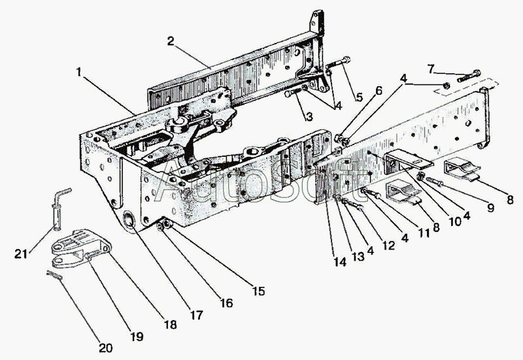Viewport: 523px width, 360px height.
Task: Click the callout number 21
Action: coord(21,254)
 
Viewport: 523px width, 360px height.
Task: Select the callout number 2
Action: coord(171,41)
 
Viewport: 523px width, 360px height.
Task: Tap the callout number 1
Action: coord(78,72)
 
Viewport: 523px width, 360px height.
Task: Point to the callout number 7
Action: coord(431,69)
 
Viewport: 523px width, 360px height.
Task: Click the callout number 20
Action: coord(106,348)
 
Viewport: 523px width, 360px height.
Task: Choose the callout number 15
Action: coord(258,291)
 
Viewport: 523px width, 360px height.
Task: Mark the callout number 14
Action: coord(340,262)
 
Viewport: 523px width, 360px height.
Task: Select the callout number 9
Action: coord(490,208)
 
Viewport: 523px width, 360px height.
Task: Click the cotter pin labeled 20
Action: coord(55,274)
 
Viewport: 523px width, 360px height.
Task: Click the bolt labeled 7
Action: coord(469,76)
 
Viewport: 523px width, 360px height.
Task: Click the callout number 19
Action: coord(137,336)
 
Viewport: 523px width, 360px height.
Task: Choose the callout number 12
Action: coord(388,246)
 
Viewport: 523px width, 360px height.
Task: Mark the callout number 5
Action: coord(359,97)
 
